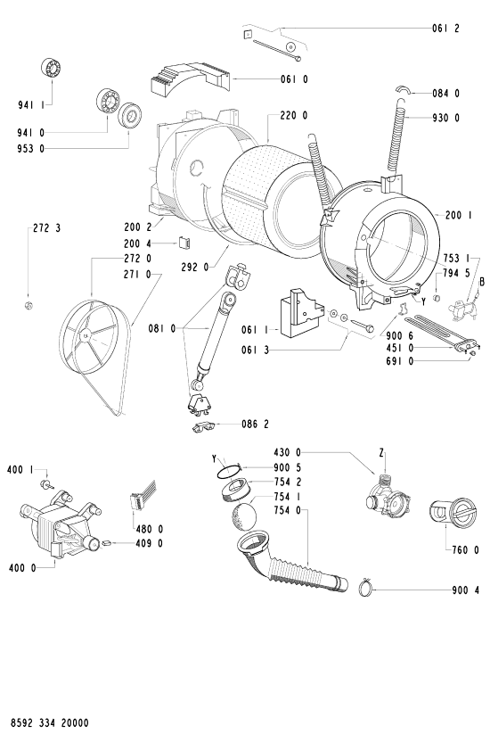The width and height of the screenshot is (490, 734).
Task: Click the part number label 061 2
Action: pos(445,29)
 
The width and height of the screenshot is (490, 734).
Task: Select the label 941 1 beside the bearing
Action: pos(31,105)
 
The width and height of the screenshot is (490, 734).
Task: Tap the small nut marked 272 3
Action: pos(28,306)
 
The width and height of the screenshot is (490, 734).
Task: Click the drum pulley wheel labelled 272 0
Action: pos(89,336)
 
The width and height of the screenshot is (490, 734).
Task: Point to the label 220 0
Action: pos(294,115)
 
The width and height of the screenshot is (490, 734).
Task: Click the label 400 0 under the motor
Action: pos(22,568)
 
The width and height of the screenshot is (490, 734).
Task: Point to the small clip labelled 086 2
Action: pos(204,426)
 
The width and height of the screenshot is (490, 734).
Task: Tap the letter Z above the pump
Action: pos(381,453)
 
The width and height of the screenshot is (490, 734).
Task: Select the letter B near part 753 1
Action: pos(482,282)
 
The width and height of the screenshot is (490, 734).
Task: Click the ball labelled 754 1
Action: pos(244,516)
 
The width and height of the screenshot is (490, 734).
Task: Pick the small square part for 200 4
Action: pos(184,243)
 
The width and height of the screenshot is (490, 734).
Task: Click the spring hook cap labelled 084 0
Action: pos(403,90)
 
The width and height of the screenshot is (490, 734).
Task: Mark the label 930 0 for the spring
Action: pos(445,118)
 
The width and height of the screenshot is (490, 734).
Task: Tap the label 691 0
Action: pos(400,361)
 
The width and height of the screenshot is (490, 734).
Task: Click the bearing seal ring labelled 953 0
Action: pos(129,115)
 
